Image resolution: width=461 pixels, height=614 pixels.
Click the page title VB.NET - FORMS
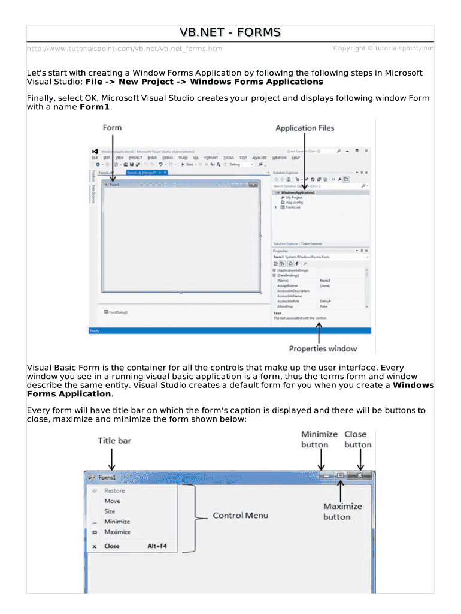click(x=230, y=32)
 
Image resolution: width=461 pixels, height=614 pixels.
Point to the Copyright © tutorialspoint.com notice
click(x=383, y=48)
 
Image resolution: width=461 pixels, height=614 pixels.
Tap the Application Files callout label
click(x=305, y=128)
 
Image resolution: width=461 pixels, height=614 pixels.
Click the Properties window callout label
click(x=323, y=348)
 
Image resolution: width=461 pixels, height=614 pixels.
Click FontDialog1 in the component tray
click(x=118, y=312)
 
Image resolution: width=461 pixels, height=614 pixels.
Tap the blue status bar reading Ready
click(x=229, y=330)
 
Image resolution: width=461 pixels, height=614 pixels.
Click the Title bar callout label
click(x=114, y=441)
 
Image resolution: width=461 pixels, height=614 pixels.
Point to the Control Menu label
click(x=241, y=515)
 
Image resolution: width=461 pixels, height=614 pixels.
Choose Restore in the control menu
click(x=114, y=490)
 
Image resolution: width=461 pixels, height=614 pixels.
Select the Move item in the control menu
click(x=112, y=501)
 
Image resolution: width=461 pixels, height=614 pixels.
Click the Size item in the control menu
click(x=110, y=511)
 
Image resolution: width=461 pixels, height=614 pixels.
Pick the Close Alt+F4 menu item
click(x=135, y=546)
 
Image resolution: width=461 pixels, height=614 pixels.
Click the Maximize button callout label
click(x=342, y=511)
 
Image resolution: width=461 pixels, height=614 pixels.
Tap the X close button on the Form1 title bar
click(x=359, y=475)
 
